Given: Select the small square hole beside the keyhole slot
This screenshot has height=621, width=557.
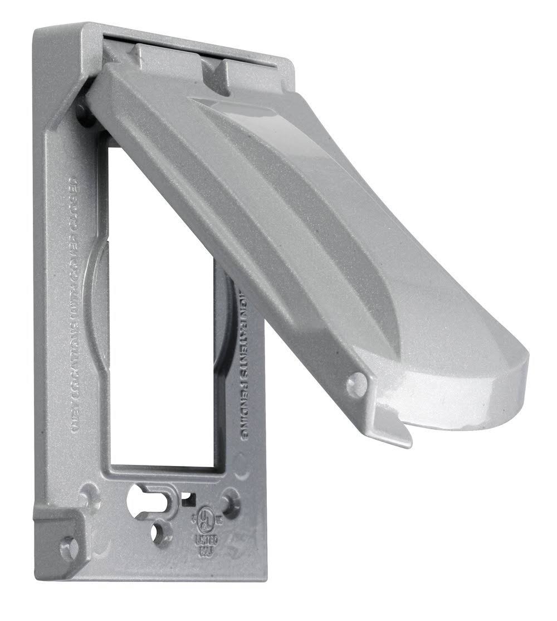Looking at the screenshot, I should pos(192,494).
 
